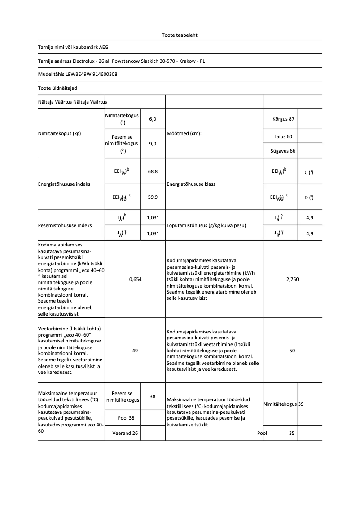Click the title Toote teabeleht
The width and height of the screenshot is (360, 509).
180,35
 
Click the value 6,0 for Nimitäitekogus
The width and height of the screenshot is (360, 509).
153,119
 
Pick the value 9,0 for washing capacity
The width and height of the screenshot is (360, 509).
153,144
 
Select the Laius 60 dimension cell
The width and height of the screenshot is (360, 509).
283,136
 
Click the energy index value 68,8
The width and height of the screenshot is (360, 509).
153,171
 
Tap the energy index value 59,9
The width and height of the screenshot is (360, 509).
153,197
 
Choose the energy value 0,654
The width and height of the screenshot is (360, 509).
135,279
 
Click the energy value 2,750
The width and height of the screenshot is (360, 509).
292,279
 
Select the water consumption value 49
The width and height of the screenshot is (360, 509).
135,351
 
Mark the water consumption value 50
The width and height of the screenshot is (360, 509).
292,351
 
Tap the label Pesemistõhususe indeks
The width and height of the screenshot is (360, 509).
65,225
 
